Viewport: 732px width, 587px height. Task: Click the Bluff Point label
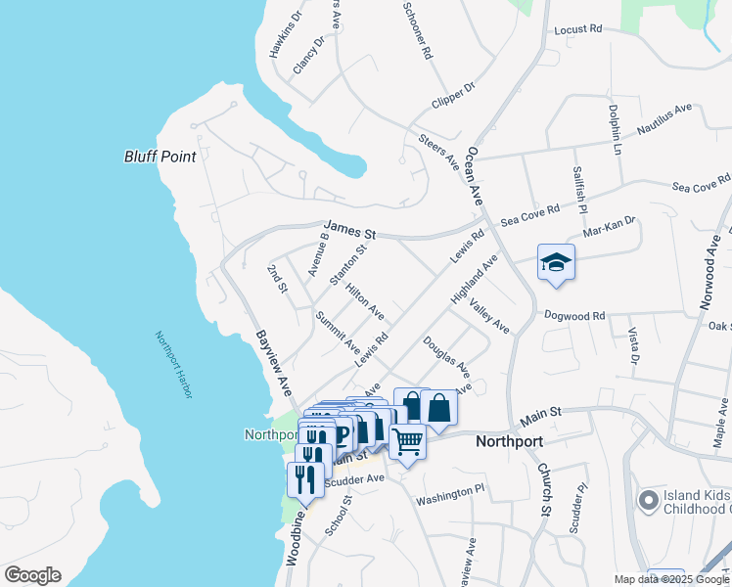click(160, 157)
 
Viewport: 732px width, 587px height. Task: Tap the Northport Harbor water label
click(174, 364)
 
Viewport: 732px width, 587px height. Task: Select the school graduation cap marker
click(556, 262)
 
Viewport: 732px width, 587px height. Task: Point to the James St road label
click(351, 232)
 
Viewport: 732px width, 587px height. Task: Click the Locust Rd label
click(576, 30)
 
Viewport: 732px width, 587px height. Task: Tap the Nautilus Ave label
click(664, 118)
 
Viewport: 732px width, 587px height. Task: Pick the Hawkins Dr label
click(286, 33)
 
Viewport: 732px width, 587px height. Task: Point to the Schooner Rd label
click(417, 30)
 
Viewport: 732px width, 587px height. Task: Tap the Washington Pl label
click(450, 495)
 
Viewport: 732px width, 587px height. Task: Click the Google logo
click(32, 575)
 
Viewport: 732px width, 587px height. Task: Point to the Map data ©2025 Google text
click(671, 579)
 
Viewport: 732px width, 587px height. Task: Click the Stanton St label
click(347, 265)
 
